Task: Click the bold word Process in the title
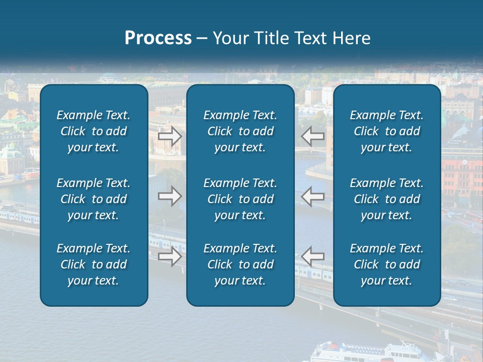pos(158,38)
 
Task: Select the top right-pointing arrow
pos(170,136)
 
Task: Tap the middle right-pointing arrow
pos(170,196)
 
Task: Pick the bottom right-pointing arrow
pos(170,256)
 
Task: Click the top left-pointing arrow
pos(313,136)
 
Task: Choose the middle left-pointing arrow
pos(313,196)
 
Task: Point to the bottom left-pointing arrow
pos(313,256)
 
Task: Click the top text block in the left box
pos(94,131)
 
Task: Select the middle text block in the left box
pos(94,199)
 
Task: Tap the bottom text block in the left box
pos(94,264)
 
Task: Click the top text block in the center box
pos(240,131)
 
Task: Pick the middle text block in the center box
pos(240,199)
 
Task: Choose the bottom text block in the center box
pos(240,264)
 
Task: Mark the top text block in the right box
pos(387,131)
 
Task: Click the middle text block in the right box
pos(387,199)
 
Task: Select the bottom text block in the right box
pos(387,264)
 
